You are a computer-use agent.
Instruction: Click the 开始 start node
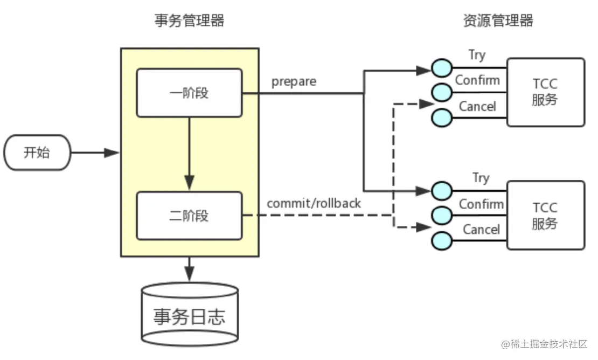[x=37, y=153]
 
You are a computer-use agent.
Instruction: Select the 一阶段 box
[x=189, y=93]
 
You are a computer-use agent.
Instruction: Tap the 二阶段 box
[x=189, y=216]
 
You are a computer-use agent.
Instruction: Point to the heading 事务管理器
[x=189, y=21]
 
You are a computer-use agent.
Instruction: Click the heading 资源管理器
[x=498, y=21]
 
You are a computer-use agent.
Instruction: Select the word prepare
[x=294, y=82]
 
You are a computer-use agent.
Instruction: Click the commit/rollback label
[x=314, y=204]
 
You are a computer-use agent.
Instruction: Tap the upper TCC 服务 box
[x=545, y=92]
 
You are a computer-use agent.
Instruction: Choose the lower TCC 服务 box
[x=545, y=215]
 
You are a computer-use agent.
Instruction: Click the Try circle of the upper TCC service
[x=441, y=68]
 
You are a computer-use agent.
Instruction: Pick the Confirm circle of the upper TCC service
[x=441, y=92]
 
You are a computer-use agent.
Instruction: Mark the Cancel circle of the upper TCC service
[x=441, y=116]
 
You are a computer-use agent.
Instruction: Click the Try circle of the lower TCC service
[x=441, y=190]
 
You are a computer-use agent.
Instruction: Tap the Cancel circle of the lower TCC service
[x=441, y=239]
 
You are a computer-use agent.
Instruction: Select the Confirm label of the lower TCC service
[x=481, y=204]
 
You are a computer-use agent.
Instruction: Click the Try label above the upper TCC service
[x=477, y=54]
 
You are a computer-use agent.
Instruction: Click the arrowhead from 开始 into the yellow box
[x=112, y=153]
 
